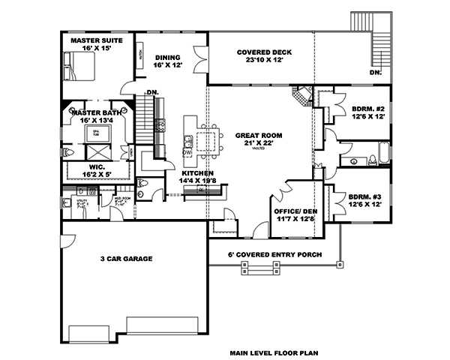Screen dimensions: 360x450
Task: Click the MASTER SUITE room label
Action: (96, 40)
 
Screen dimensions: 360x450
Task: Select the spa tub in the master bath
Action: (95, 133)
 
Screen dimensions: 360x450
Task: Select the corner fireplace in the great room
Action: (301, 97)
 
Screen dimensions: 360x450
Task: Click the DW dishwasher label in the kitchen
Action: (187, 152)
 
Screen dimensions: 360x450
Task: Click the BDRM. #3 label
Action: (367, 198)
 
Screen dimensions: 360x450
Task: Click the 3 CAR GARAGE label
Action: (126, 259)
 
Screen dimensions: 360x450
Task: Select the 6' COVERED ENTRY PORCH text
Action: (274, 253)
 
